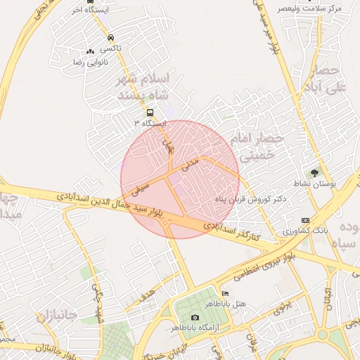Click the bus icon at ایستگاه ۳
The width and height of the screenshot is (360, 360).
click(x=149, y=112)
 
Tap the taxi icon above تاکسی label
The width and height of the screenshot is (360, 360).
click(x=110, y=37)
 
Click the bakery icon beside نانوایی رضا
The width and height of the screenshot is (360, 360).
click(x=89, y=51)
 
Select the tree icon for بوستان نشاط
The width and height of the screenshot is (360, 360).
click(x=314, y=172)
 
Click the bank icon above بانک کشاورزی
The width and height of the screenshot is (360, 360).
click(x=304, y=220)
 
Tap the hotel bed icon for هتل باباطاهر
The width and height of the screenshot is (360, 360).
click(x=224, y=293)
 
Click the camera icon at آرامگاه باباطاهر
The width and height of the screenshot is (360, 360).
click(x=195, y=318)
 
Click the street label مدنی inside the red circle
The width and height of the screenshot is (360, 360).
click(x=191, y=165)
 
